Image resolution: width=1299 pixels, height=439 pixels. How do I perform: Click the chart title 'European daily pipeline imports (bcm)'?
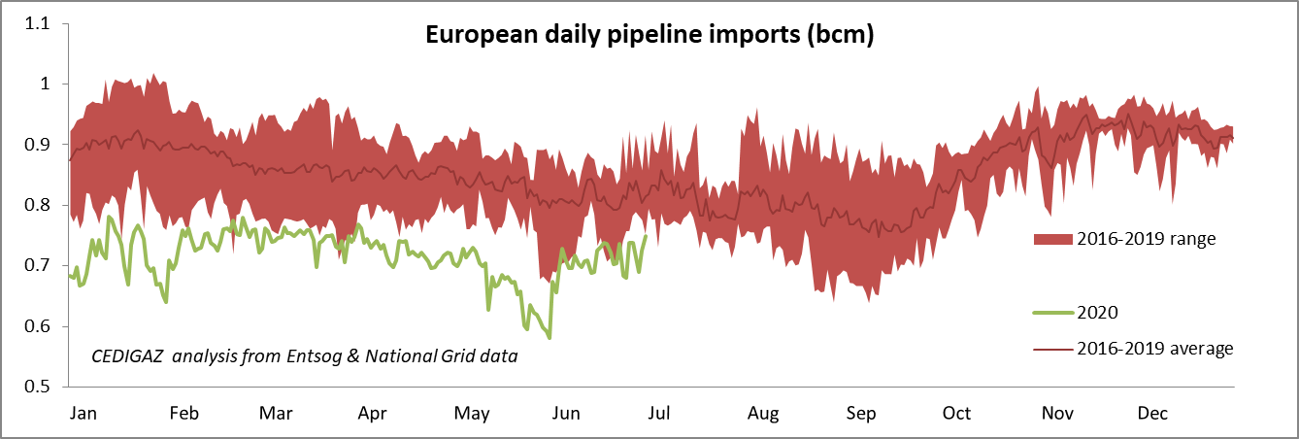click(x=649, y=36)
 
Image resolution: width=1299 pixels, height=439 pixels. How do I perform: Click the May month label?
click(x=472, y=414)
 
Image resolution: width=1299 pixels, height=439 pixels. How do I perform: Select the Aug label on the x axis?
click(x=763, y=414)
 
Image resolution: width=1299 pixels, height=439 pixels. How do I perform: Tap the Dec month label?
click(x=1152, y=414)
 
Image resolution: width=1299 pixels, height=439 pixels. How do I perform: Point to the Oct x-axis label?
click(x=957, y=414)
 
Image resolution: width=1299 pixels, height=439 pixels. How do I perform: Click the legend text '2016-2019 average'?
click(x=1154, y=349)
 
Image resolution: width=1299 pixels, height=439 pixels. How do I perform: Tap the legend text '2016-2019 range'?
click(x=1146, y=240)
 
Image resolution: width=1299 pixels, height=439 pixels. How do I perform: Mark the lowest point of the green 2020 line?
click(x=550, y=338)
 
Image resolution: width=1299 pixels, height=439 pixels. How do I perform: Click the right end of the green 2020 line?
click(x=646, y=236)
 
